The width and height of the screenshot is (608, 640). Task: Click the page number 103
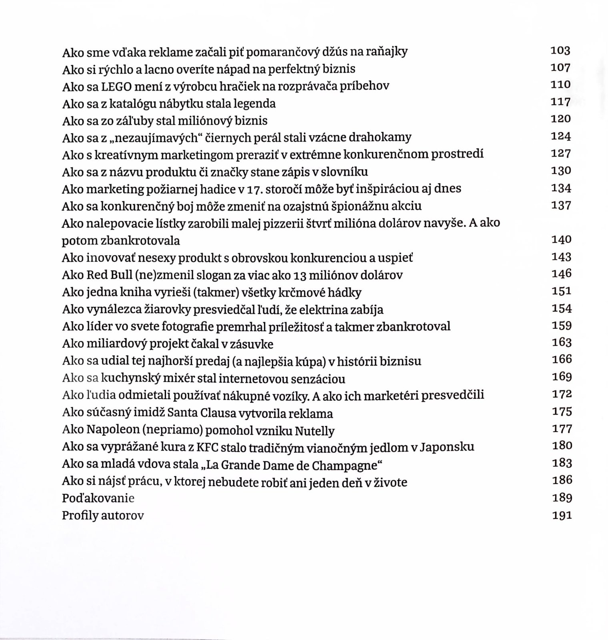click(x=560, y=50)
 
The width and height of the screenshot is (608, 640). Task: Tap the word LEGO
click(x=118, y=86)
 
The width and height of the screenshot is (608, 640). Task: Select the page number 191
click(x=562, y=515)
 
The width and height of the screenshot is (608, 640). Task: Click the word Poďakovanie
click(x=98, y=498)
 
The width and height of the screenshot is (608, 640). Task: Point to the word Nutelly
click(x=314, y=431)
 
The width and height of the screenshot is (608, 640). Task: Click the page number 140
click(x=561, y=240)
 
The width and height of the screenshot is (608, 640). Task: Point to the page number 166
click(x=562, y=359)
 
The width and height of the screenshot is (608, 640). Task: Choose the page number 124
click(x=561, y=136)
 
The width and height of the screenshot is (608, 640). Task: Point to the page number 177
click(x=562, y=429)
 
